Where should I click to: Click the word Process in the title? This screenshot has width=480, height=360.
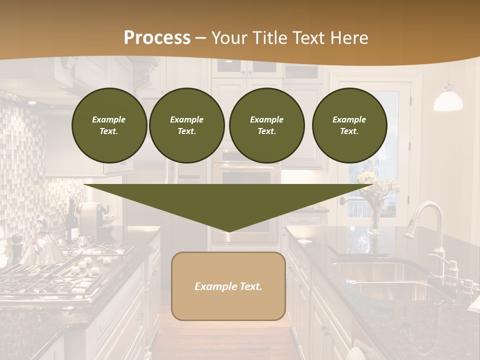click(x=157, y=37)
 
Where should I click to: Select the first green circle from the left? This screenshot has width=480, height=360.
click(x=109, y=125)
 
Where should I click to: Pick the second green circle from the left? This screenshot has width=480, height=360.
click(x=186, y=125)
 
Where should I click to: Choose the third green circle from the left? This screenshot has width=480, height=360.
click(x=266, y=125)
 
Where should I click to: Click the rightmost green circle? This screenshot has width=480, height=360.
click(x=349, y=125)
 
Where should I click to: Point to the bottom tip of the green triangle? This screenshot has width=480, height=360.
click(x=228, y=231)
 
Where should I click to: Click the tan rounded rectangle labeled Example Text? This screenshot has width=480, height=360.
click(x=228, y=286)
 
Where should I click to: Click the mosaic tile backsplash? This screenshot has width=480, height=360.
click(x=25, y=160)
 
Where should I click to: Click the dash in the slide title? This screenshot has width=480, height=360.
click(x=200, y=38)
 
